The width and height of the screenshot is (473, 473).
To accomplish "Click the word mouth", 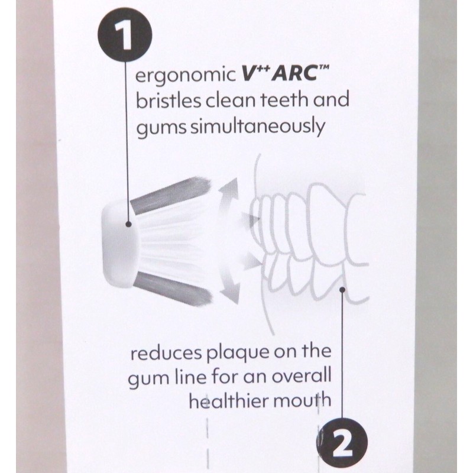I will pos(302,400).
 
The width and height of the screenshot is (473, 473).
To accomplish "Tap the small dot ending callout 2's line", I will pos(344,289).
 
